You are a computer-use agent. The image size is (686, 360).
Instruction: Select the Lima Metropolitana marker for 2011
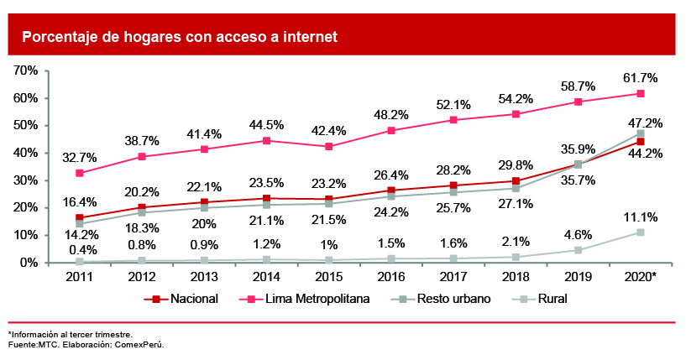80,173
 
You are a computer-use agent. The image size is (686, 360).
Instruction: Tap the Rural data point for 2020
640,232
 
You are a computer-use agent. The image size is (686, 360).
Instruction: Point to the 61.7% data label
640,77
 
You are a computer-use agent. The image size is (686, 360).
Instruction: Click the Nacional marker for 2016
391,190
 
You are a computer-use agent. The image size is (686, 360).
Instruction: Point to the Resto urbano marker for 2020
640,133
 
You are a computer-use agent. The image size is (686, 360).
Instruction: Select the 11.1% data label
640,215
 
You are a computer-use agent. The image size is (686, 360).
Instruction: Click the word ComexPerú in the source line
140,344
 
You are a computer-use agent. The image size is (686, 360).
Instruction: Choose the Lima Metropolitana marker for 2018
516,114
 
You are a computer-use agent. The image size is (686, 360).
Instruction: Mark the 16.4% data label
80,202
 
